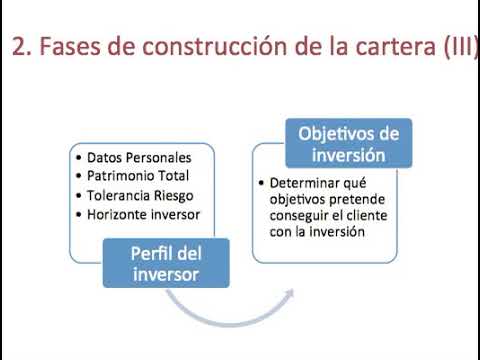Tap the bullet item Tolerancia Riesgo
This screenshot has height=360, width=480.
point(140,196)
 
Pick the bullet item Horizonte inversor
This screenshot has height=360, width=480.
point(143,214)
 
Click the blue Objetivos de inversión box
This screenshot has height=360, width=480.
point(343,144)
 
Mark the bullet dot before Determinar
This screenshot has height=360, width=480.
point(262,183)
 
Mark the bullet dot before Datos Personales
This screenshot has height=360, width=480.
point(78,158)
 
